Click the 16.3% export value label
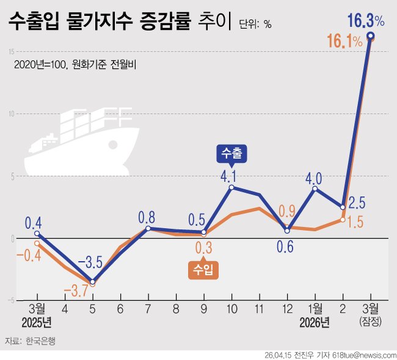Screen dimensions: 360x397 pyautogui.click(x=365, y=21)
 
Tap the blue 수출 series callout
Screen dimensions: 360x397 pyautogui.click(x=231, y=154)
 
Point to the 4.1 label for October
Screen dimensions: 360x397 pyautogui.click(x=232, y=177)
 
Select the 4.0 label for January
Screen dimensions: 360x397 pyautogui.click(x=314, y=178)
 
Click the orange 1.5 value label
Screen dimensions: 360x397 pyautogui.click(x=355, y=223)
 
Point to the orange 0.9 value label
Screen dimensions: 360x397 pyautogui.click(x=288, y=211)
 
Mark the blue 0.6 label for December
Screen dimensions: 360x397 pyautogui.click(x=285, y=247)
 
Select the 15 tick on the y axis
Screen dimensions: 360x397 pyautogui.click(x=5, y=51)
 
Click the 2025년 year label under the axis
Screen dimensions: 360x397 pyautogui.click(x=37, y=322)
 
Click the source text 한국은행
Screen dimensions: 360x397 pyautogui.click(x=40, y=341)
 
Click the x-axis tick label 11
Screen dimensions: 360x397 pyautogui.click(x=260, y=309)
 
